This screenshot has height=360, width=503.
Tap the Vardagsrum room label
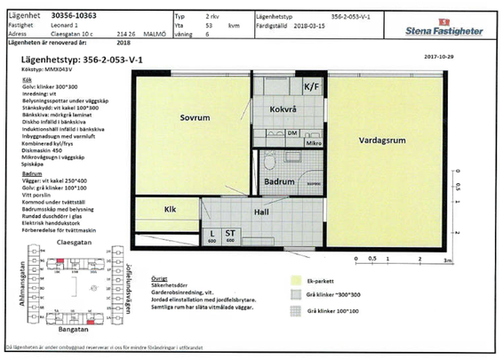[x=383, y=141]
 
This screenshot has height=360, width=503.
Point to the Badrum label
[x=279, y=180]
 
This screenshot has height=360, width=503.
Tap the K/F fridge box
[x=311, y=88]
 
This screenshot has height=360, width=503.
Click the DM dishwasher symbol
[x=292, y=132]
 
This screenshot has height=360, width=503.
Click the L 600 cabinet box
[x=212, y=235]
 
